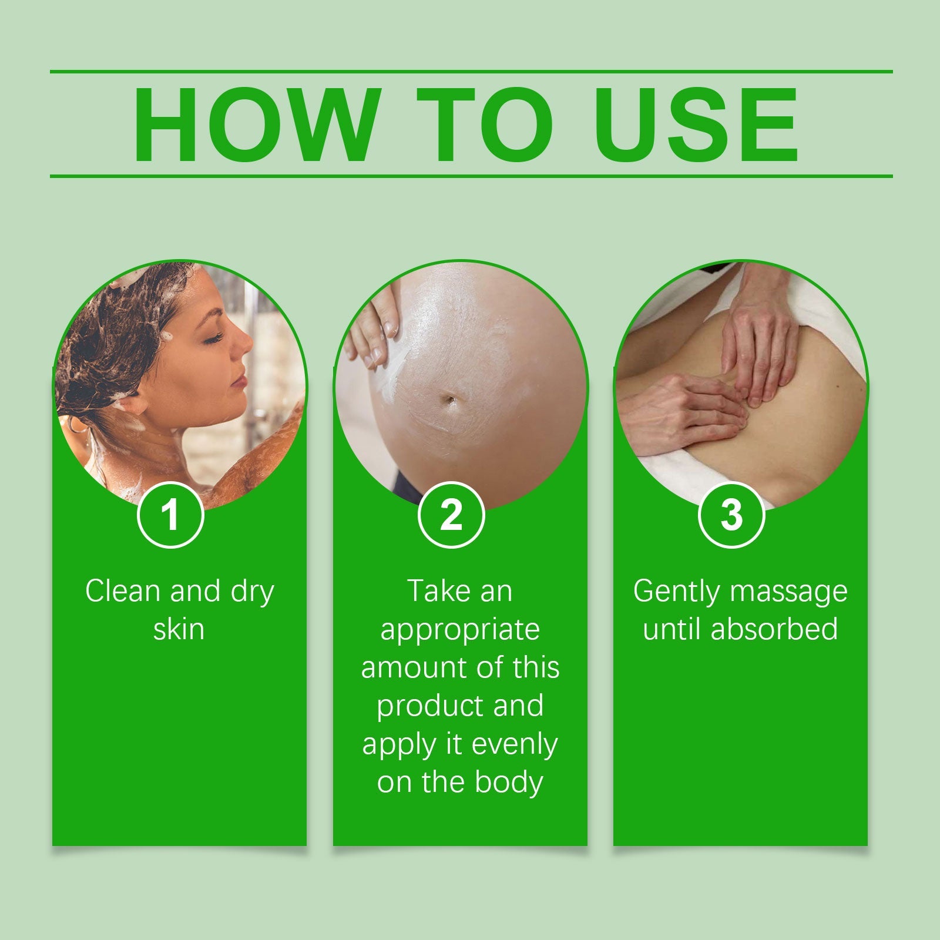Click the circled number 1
coord(170,515)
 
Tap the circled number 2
coord(451,515)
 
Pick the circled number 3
coord(731,515)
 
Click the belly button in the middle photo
coord(449,401)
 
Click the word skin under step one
coord(179,630)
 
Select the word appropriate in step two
coord(460,630)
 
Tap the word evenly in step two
coord(515,744)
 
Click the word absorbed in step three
coord(774,630)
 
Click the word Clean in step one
coord(124,591)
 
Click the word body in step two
coord(509,783)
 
